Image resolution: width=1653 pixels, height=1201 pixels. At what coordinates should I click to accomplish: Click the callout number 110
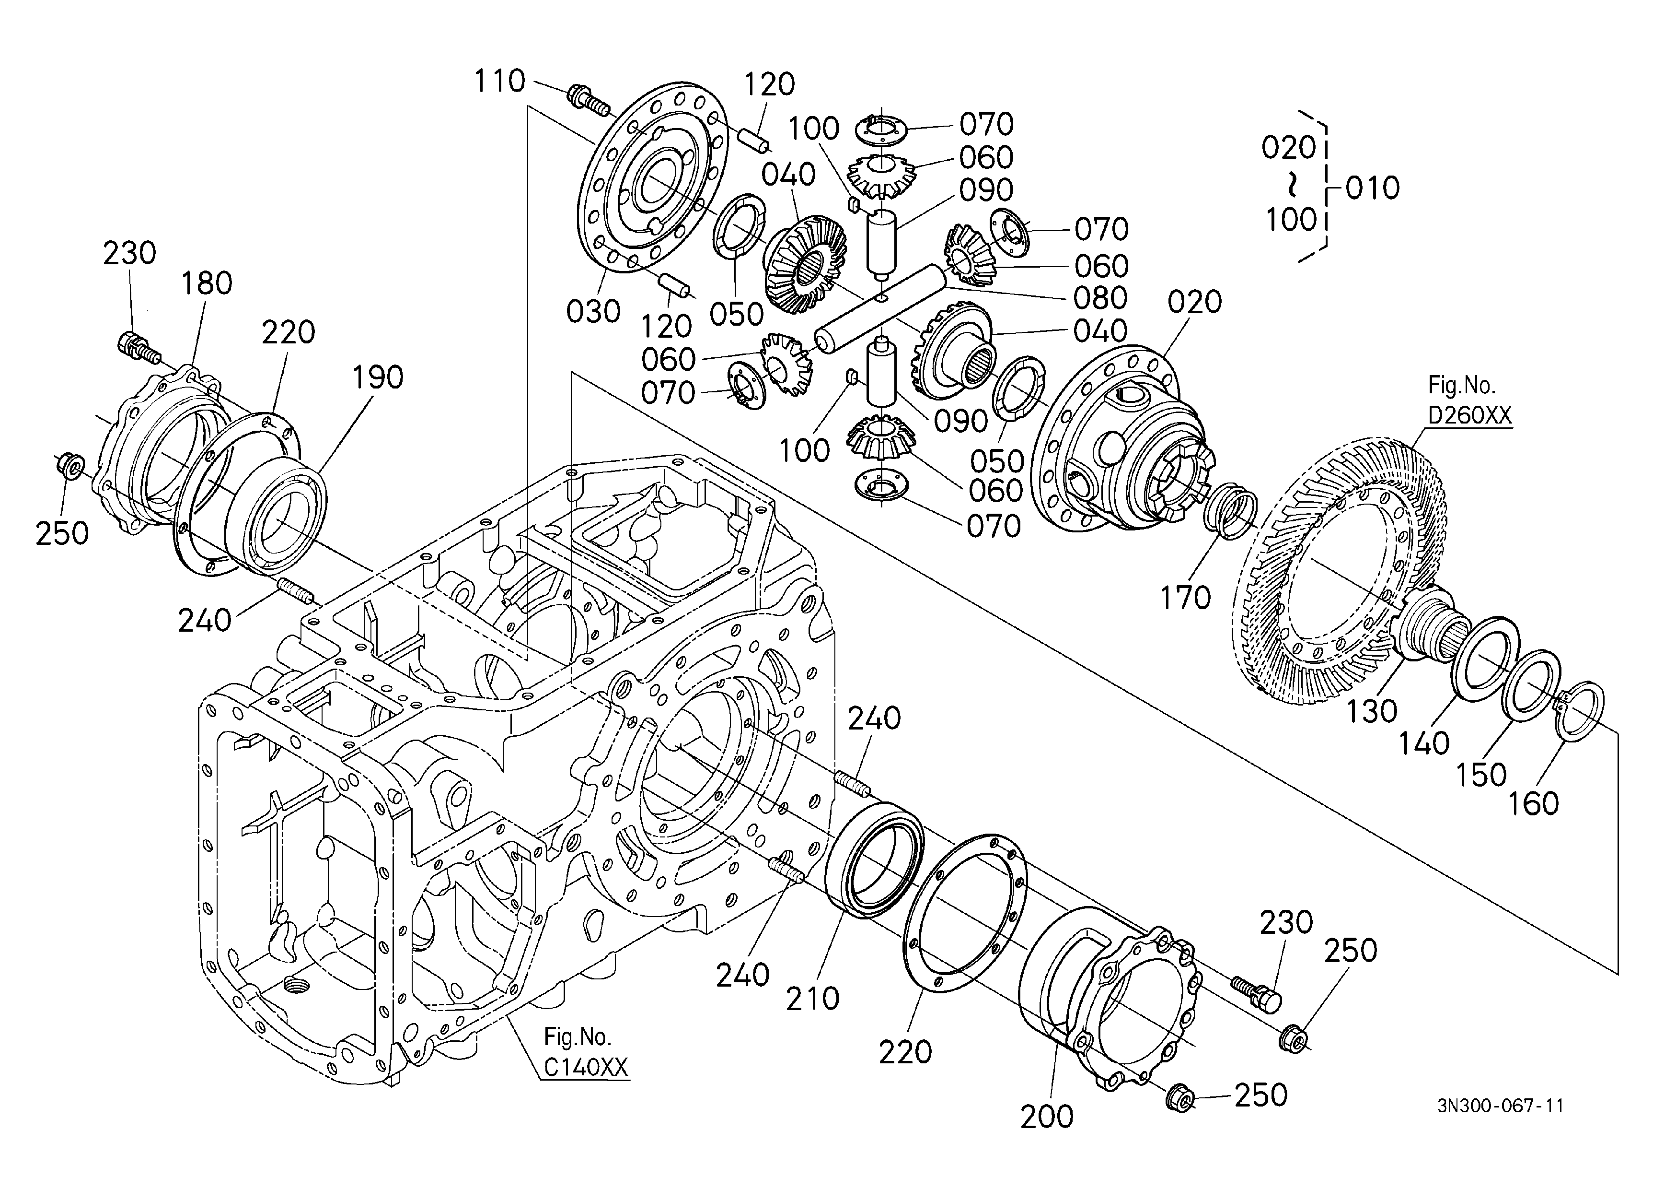coord(500,81)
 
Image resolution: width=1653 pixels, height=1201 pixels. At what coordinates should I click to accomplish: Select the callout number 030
coord(593,311)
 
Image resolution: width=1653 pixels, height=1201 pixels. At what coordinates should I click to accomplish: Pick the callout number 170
coord(1185,597)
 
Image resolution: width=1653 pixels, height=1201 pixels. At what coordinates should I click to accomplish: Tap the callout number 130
coord(1372,711)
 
